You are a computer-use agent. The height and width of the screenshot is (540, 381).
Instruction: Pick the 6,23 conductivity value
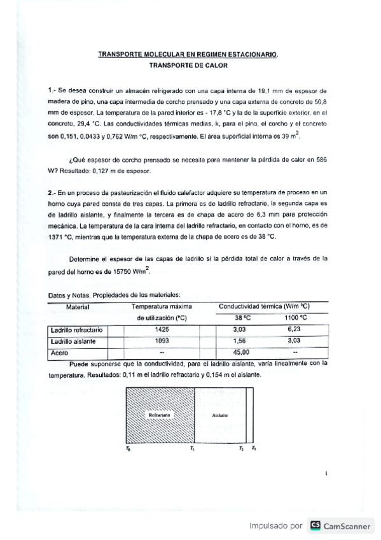click(x=293, y=329)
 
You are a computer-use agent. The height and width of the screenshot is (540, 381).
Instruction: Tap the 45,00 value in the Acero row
click(x=242, y=352)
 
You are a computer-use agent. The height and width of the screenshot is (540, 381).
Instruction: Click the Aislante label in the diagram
click(x=219, y=415)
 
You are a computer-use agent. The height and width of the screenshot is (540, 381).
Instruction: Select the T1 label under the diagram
click(x=193, y=448)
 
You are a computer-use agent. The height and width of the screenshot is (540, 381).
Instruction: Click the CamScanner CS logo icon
click(x=314, y=525)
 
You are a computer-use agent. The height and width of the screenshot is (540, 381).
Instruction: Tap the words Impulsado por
click(x=275, y=526)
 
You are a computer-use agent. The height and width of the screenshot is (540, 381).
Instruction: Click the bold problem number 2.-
click(x=53, y=192)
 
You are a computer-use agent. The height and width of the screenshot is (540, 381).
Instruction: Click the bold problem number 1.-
click(x=53, y=91)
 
